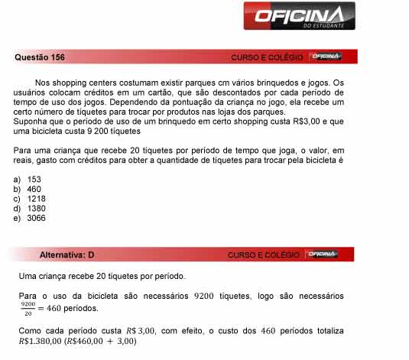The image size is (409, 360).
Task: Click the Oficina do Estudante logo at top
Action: coord(299,16)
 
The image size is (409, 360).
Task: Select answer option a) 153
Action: coord(28,179)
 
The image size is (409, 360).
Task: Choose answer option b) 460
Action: coord(28,188)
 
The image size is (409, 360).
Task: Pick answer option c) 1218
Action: coord(30,198)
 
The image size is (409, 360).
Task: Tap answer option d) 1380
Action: coord(30,208)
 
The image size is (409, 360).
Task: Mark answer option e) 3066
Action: coord(30,218)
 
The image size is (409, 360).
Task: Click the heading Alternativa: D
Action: coord(67,255)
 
